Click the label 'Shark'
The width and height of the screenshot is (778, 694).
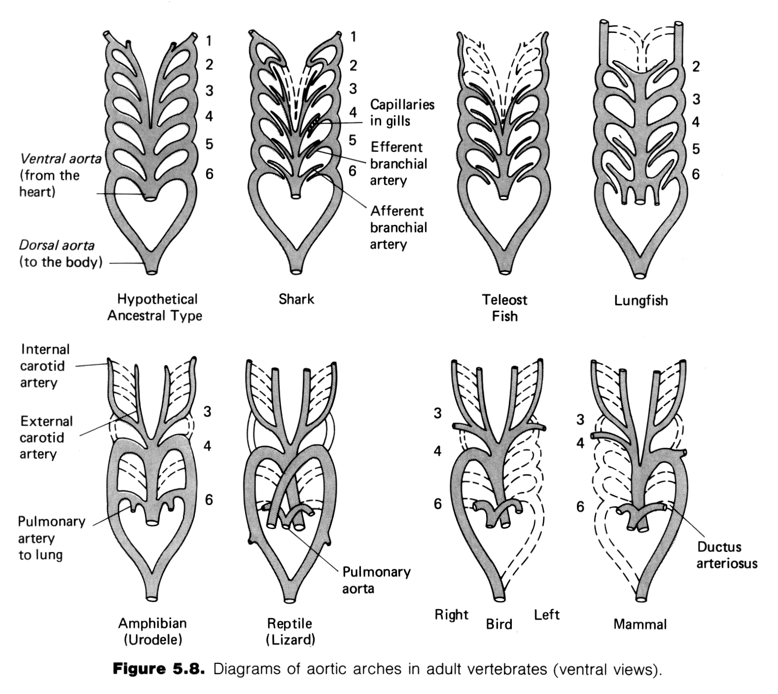click(296, 299)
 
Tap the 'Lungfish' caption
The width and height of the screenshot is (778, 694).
click(641, 300)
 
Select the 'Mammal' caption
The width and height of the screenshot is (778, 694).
click(640, 624)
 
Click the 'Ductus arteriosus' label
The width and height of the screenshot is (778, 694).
click(727, 555)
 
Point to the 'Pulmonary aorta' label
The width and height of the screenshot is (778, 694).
click(376, 580)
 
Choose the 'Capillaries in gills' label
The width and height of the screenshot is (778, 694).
click(402, 112)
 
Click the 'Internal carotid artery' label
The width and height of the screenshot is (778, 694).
click(45, 365)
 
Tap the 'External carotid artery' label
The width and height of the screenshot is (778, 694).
click(46, 438)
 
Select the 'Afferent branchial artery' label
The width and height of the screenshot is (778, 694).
click(398, 227)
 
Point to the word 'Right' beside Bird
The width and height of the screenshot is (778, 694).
click(451, 615)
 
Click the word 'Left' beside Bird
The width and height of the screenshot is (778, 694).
click(547, 615)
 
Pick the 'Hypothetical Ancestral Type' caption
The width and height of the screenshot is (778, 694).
click(155, 307)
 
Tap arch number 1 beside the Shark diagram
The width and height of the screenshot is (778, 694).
click(353, 37)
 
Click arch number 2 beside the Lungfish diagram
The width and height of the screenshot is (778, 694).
click(696, 66)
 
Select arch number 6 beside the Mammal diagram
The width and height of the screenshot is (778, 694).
click(580, 507)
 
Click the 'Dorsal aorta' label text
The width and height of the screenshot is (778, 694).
click(57, 245)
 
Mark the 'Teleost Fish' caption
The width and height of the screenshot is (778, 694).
click(504, 308)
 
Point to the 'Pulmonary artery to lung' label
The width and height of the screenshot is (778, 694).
click(52, 538)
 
